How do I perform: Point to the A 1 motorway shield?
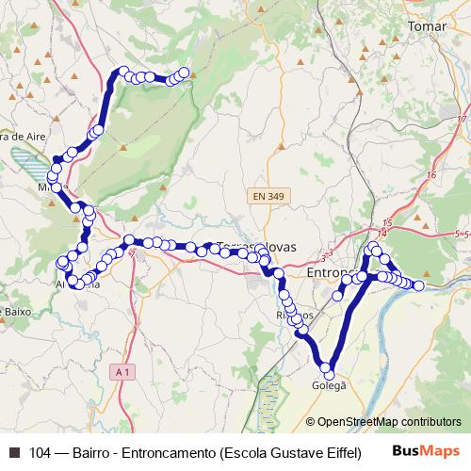(122, 373)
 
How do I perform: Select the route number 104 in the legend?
(40, 452)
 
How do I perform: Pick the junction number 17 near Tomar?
(462, 120)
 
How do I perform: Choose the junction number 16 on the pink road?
(430, 175)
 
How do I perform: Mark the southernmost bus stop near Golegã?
(327, 367)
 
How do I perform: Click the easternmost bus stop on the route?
(419, 284)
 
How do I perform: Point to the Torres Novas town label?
(256, 247)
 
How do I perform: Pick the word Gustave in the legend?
(293, 452)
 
